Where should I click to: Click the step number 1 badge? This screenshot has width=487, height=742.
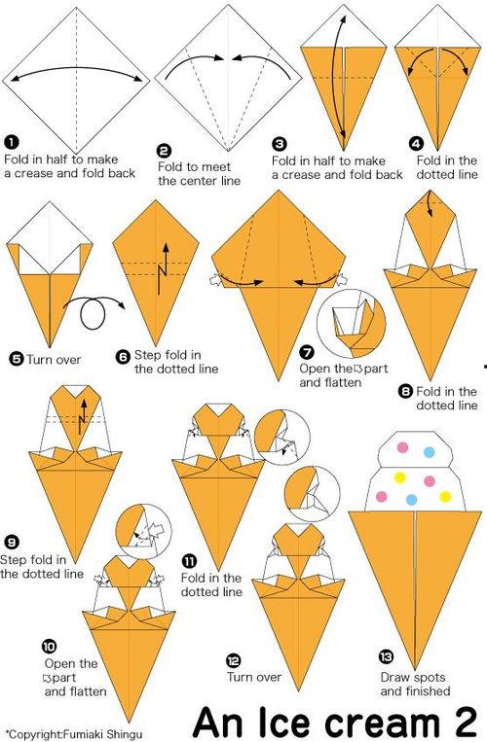(x=11, y=142)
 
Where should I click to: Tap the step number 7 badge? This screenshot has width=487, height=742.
(x=307, y=352)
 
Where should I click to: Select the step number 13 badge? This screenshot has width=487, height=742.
(x=386, y=656)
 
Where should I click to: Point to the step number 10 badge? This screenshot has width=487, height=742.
(x=49, y=647)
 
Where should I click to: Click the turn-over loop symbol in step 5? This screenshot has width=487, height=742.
(x=94, y=312)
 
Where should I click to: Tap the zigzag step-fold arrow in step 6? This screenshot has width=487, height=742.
(x=165, y=268)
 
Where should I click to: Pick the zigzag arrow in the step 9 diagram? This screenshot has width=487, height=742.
(x=83, y=416)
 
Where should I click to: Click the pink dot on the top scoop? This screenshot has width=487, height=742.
(x=402, y=447)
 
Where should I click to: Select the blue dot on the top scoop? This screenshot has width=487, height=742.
(x=430, y=452)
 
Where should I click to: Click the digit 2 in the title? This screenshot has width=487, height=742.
(x=464, y=722)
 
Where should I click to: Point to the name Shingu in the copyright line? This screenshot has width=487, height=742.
(x=124, y=735)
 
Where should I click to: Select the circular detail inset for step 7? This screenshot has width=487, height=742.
(x=352, y=324)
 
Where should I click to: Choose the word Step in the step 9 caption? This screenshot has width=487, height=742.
(x=14, y=560)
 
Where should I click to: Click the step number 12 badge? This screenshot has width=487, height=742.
(x=233, y=661)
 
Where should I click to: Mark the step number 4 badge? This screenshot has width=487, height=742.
(x=416, y=143)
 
